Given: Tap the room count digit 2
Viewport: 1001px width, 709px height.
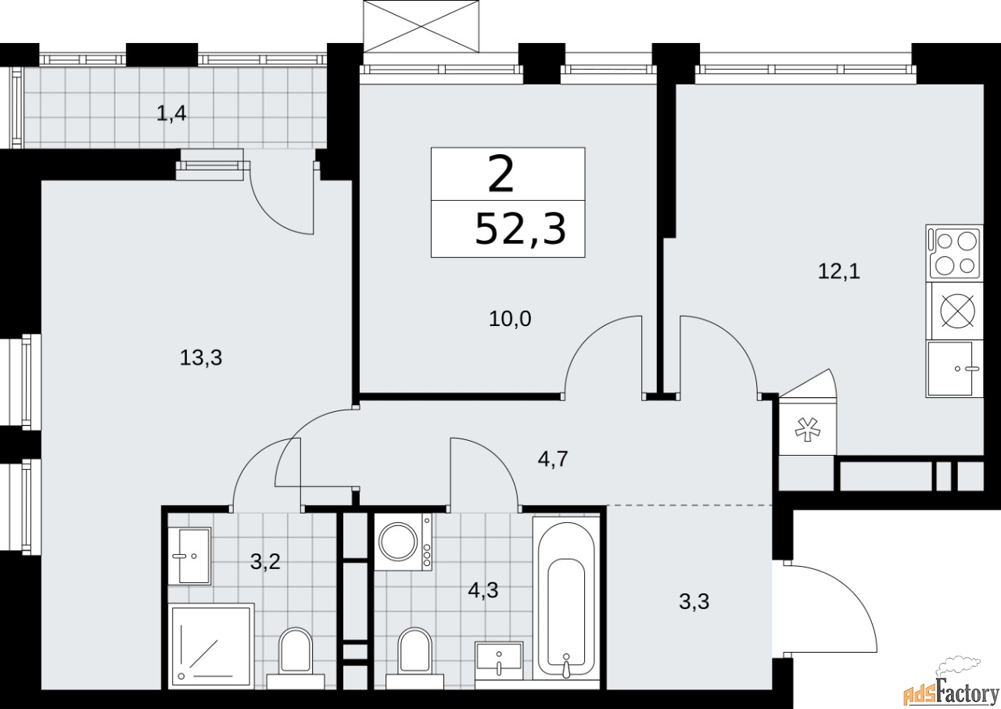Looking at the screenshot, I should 501,176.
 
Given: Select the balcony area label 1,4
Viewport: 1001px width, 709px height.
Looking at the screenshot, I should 172,114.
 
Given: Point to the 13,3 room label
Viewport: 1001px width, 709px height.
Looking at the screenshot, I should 201,358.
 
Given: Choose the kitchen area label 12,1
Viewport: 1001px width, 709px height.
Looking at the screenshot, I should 838,272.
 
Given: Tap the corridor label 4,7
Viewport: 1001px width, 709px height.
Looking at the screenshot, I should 551,458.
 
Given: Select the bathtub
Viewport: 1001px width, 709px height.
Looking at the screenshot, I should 565,598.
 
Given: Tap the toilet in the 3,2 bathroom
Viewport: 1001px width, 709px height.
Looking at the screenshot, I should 295,655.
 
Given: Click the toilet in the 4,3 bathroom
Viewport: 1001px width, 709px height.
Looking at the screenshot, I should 414,655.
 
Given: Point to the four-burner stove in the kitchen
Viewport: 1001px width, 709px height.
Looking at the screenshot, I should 953,252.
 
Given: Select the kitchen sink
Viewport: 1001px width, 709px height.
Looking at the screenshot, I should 953,369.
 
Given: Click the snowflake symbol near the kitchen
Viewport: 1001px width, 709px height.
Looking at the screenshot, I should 805,428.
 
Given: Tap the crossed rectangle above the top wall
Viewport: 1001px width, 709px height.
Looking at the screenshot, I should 422,26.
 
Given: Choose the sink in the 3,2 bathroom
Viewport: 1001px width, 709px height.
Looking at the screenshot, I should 190,556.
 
